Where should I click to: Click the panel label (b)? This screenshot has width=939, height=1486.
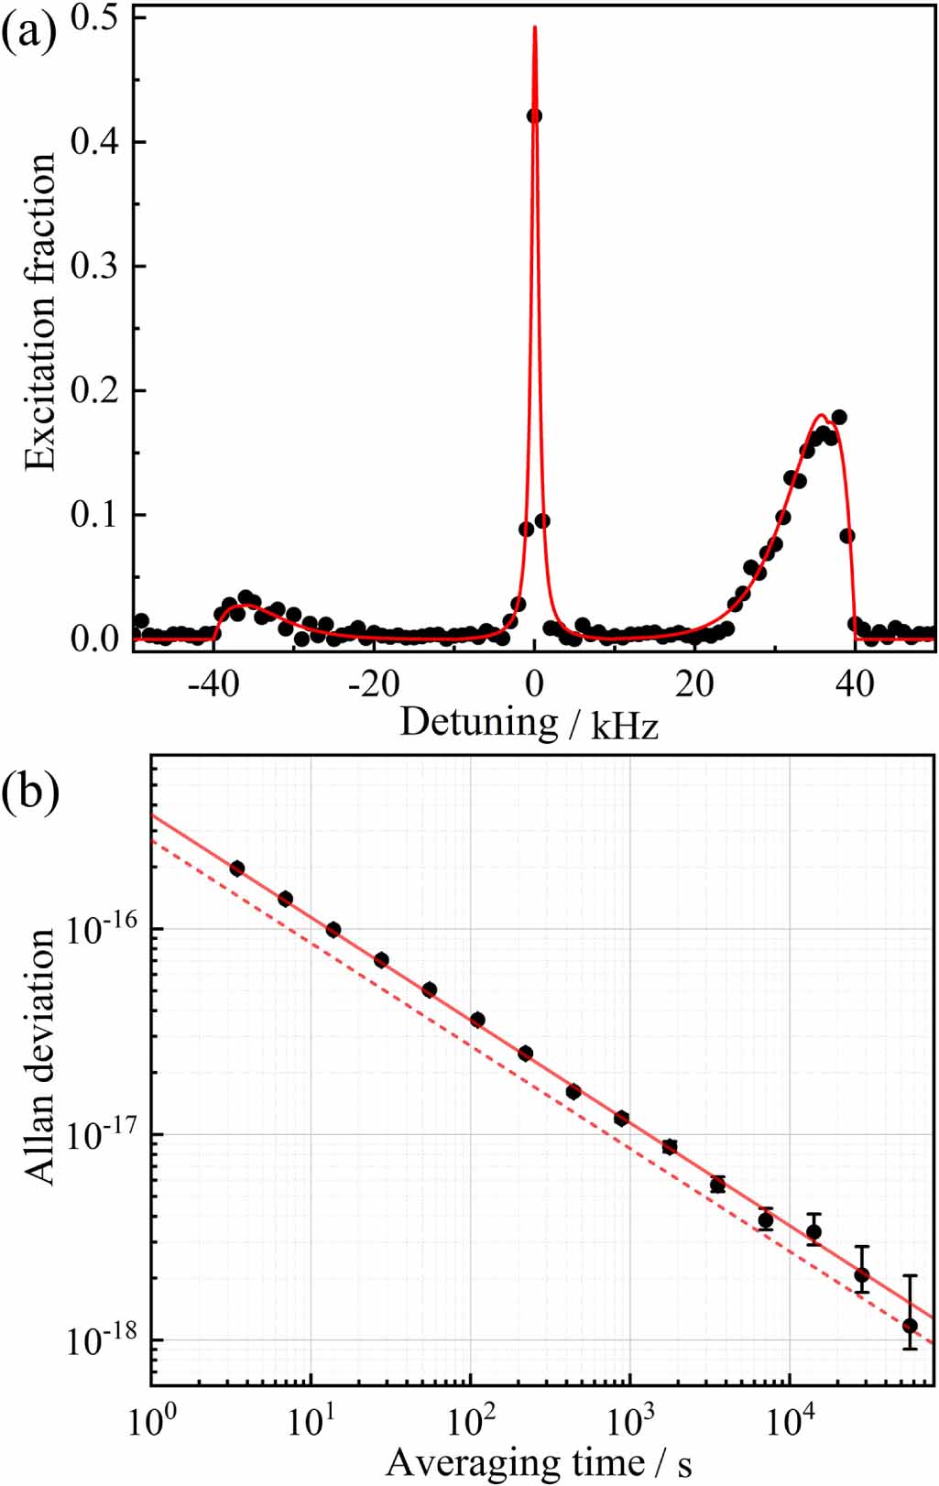click(x=29, y=790)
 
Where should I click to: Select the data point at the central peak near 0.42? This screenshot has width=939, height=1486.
click(x=534, y=115)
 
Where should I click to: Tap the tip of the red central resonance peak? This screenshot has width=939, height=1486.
click(x=534, y=27)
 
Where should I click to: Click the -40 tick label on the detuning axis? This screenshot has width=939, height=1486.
click(x=213, y=683)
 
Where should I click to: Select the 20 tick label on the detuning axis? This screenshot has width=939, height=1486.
click(x=694, y=683)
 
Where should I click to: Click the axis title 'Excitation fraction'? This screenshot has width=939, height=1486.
click(x=40, y=311)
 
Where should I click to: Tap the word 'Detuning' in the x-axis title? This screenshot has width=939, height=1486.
click(x=479, y=722)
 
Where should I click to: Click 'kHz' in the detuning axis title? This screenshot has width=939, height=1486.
click(x=626, y=727)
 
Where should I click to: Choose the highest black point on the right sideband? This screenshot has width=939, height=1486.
click(x=838, y=417)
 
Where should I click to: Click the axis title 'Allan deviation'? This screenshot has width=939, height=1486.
click(x=40, y=1055)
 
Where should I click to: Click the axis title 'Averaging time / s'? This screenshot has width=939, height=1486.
click(x=539, y=1462)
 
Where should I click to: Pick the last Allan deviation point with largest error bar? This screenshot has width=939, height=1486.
click(x=910, y=1326)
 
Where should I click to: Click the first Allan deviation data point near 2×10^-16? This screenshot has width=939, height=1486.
click(x=236, y=869)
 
